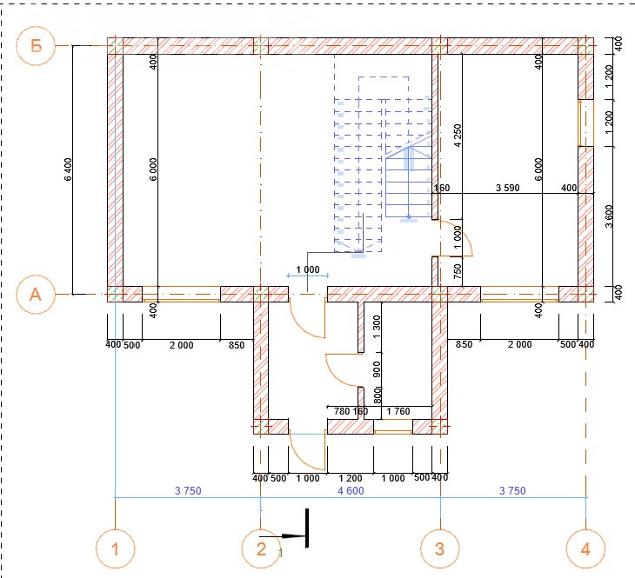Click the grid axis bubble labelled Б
36,46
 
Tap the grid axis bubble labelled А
36,295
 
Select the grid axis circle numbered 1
116,548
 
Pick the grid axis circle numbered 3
440,548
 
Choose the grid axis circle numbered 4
585,548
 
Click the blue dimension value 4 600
351,490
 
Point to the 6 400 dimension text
68,169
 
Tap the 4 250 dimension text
458,136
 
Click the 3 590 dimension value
507,188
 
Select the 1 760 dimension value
398,411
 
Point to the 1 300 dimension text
377,327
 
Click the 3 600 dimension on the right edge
609,216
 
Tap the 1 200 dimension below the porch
351,478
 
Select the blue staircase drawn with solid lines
408,182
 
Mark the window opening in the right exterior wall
585,123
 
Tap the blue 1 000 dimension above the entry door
308,269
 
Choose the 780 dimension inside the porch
342,411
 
